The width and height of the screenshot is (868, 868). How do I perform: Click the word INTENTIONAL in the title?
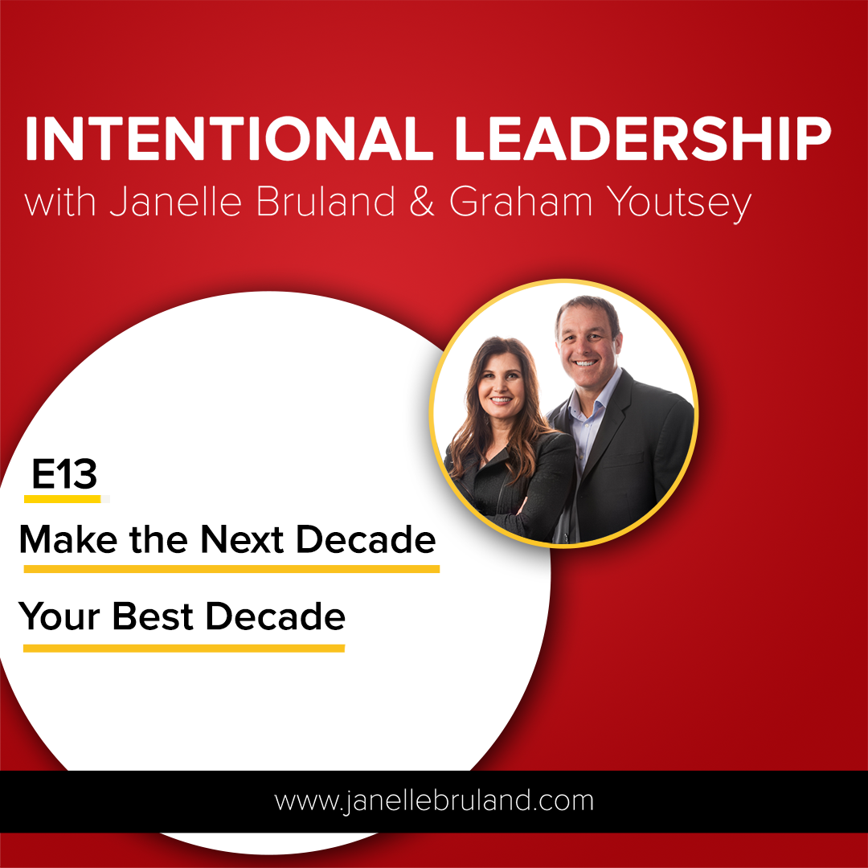[229, 138]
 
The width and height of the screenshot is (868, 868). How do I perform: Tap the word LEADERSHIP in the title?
[643, 138]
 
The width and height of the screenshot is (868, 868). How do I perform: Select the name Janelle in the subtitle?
[175, 202]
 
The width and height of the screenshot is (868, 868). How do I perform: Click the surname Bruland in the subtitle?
[325, 201]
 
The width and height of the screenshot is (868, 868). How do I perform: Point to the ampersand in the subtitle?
[422, 202]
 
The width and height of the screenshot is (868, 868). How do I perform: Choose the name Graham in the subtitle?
[520, 201]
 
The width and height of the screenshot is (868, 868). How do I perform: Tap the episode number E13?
[64, 474]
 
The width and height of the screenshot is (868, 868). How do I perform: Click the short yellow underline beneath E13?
[63, 499]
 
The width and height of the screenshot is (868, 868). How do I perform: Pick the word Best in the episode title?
[154, 616]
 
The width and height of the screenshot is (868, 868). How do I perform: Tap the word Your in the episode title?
[59, 616]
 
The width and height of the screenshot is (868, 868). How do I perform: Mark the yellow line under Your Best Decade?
[184, 649]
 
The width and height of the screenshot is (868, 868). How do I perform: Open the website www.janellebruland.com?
[434, 801]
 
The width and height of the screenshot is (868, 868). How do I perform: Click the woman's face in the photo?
[501, 381]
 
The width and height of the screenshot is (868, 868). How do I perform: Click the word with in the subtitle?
[59, 202]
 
